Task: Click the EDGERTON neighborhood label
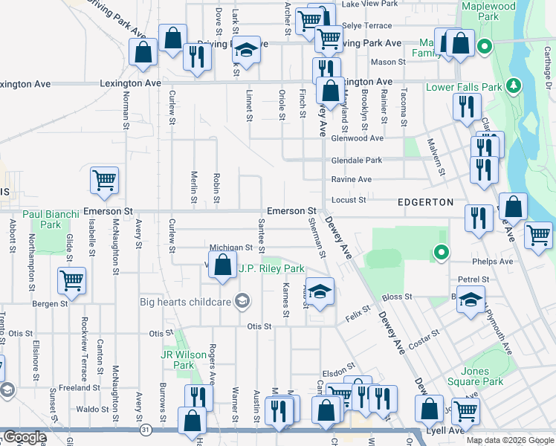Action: point(425,202)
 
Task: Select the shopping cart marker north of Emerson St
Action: point(104,180)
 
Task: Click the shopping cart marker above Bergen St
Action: point(72,280)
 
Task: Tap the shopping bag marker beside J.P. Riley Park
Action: point(222,265)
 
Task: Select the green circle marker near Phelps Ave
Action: point(442,253)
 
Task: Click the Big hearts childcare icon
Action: point(241,301)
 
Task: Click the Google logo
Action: point(25,437)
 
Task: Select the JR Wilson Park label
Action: point(178,360)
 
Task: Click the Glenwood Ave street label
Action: point(358,138)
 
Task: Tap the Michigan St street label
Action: point(231,248)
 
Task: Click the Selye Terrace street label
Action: point(366,25)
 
